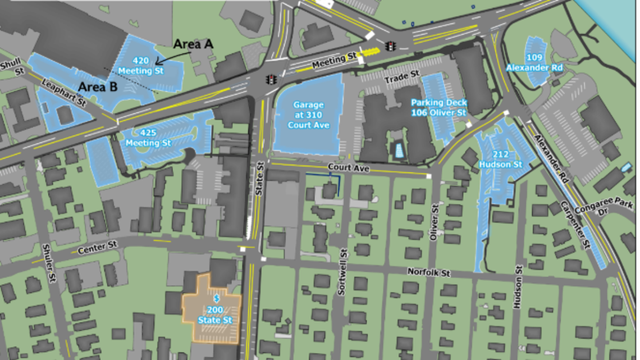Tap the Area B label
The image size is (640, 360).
click(x=97, y=86)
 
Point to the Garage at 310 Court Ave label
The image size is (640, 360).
click(x=308, y=115)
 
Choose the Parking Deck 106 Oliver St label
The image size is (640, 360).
click(x=438, y=108)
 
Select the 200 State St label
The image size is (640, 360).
click(x=211, y=315)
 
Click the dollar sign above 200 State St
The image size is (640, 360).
click(x=216, y=299)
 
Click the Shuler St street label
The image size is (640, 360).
click(x=49, y=269)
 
